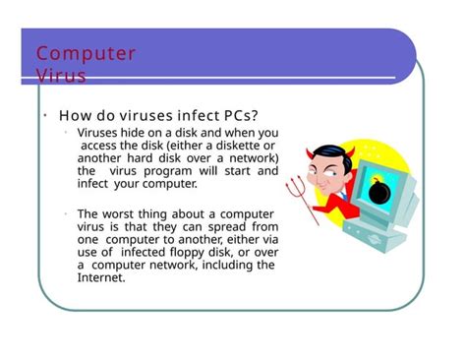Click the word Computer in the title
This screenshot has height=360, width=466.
click(86, 53)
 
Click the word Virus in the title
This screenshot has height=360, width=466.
click(61, 75)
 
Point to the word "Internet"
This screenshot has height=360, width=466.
click(101, 278)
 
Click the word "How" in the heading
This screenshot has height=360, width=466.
click(76, 117)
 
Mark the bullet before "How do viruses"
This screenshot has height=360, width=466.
click(44, 116)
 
